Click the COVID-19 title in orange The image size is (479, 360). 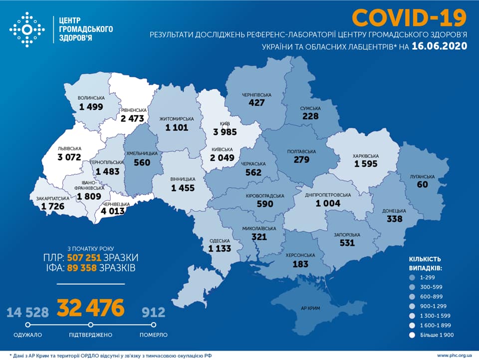point(409,17)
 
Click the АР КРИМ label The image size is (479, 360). point(314,308)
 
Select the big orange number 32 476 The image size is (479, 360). point(90,308)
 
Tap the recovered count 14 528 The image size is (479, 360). point(28,313)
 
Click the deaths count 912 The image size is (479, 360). point(153,313)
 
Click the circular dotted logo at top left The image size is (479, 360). point(27,30)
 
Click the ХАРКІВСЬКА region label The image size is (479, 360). point(366,155)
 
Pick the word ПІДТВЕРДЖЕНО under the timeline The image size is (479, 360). point(90,335)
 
